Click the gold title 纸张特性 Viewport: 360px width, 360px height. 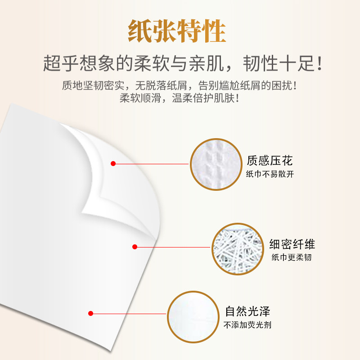[x=177, y=31]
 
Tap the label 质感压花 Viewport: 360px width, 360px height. [x=270, y=161]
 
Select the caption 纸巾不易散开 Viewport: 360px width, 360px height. [x=270, y=174]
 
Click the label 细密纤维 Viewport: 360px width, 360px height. [x=292, y=244]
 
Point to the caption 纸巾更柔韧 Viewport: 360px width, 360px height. [x=292, y=257]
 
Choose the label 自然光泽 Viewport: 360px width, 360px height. [x=247, y=311]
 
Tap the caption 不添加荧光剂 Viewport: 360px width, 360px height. [x=247, y=325]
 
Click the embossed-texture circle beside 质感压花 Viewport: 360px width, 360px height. [x=216, y=164]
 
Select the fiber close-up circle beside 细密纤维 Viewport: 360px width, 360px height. [x=238, y=249]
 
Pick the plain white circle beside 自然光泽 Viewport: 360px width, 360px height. [x=193, y=317]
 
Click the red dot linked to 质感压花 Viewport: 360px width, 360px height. [x=113, y=163]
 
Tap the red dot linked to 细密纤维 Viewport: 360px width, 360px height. [x=135, y=247]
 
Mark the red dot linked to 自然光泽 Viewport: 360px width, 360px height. [x=91, y=313]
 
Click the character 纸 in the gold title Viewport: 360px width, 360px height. [x=140, y=31]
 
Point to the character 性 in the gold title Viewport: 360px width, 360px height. [x=214, y=31]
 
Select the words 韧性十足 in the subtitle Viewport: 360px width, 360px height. [x=279, y=63]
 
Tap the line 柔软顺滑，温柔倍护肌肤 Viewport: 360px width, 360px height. [x=179, y=98]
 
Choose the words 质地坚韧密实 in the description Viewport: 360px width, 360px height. [x=93, y=85]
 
